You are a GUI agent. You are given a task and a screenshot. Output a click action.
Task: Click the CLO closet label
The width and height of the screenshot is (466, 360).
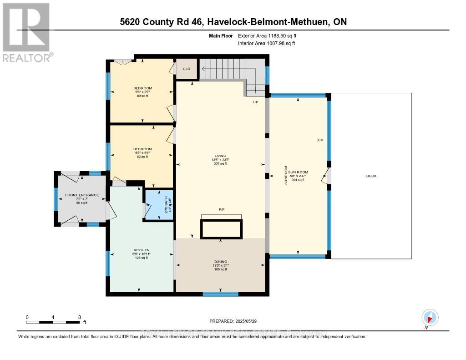pos(187,69)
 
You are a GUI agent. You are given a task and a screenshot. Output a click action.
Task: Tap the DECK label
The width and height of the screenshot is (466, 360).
pos(371,176)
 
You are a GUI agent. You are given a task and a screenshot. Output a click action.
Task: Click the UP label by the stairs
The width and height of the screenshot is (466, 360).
pos(256,102)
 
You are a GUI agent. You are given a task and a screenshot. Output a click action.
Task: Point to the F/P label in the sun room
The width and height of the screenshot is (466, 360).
pos(320,141)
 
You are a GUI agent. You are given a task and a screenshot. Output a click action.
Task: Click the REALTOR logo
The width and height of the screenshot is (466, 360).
pos(26,32)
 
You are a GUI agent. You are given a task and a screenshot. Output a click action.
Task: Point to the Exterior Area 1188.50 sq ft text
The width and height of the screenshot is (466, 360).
pos(267,35)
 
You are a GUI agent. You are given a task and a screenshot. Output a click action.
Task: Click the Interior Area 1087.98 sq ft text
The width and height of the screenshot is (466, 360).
pos(266,43)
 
